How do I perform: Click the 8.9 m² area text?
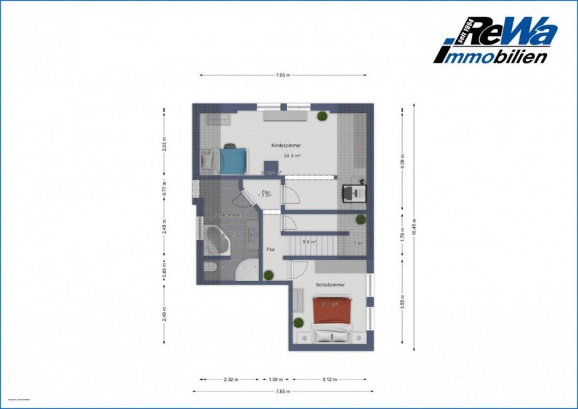click(x=308, y=241)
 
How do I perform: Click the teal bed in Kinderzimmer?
click(x=232, y=159)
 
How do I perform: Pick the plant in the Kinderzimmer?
click(x=322, y=115)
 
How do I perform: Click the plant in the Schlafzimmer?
click(x=300, y=322)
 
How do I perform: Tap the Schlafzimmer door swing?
click(x=294, y=270)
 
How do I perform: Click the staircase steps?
click(x=312, y=245)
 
